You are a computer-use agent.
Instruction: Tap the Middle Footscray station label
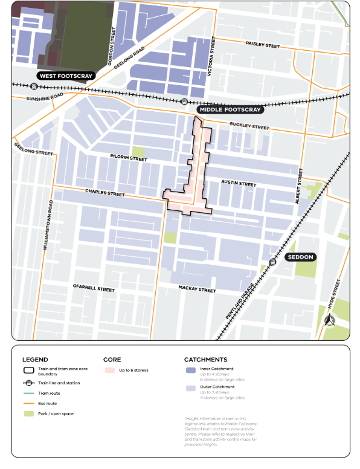(x=230, y=110)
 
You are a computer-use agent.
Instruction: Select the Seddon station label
(x=300, y=257)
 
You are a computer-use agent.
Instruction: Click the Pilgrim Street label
(x=128, y=158)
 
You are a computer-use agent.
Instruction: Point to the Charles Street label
(x=104, y=193)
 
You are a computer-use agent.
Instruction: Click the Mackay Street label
(x=197, y=290)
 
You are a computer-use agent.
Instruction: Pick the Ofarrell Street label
(x=93, y=289)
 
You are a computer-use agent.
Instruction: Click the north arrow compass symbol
(x=330, y=320)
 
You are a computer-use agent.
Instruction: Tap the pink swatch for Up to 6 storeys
(x=109, y=370)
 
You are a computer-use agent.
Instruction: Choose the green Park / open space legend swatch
(x=28, y=413)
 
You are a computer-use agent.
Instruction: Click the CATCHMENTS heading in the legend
(x=205, y=359)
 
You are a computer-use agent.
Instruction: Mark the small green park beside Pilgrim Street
(x=138, y=152)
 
